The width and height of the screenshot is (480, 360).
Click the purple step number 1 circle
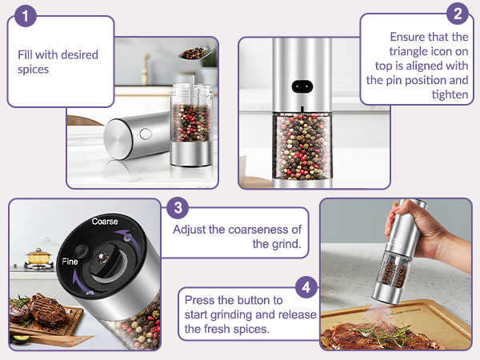26,15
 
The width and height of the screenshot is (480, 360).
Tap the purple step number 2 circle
457,13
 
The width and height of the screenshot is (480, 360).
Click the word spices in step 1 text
34,70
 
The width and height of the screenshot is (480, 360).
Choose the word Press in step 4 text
199,300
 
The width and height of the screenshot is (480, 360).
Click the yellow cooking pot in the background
36,257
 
